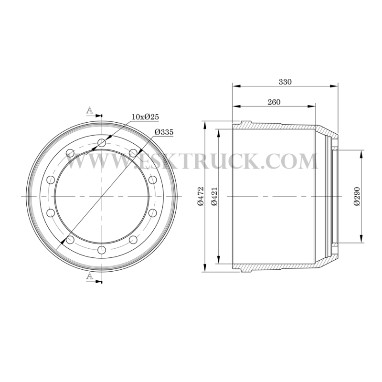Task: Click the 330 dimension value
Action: (285, 82)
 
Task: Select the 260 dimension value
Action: (274, 102)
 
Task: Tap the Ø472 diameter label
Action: (201, 196)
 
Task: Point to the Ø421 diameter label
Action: (214, 196)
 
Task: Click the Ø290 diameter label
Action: (357, 196)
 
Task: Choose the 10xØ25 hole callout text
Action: (145, 117)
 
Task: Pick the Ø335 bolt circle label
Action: (164, 132)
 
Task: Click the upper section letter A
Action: (90, 111)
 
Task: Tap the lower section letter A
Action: (90, 276)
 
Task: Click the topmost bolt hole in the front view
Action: (102, 143)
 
